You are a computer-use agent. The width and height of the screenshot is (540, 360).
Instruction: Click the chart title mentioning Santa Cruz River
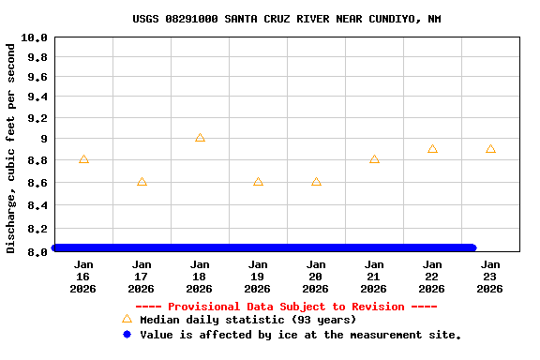[x=286, y=19]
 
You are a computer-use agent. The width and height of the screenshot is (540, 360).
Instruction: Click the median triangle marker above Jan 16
[x=83, y=159]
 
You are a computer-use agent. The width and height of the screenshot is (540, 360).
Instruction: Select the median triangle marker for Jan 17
[x=142, y=182]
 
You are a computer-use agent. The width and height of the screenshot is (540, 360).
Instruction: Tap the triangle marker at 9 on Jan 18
[x=200, y=138]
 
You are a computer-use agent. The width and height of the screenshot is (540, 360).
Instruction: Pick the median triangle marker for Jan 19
[x=258, y=182]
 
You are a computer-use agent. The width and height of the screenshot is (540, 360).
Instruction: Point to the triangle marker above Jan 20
[x=316, y=182]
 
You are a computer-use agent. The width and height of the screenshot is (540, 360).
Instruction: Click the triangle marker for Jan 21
[x=374, y=159]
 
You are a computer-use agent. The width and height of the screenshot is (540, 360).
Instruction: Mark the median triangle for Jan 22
[x=432, y=149]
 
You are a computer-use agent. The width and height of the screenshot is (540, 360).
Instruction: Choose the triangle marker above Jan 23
[x=490, y=149]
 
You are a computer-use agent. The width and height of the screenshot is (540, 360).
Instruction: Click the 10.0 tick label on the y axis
[x=35, y=37]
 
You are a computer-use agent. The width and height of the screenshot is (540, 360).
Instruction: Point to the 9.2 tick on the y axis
[x=37, y=119]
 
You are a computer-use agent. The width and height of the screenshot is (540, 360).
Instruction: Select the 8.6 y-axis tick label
[x=37, y=183]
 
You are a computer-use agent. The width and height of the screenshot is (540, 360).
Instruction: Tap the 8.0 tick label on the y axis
[x=37, y=251]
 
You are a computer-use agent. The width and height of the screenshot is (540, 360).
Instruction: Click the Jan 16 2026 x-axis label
[x=83, y=277]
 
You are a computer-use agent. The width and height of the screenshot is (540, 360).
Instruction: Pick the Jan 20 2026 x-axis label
[x=316, y=277]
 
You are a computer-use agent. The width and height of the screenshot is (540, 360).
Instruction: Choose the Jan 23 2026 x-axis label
[x=490, y=277]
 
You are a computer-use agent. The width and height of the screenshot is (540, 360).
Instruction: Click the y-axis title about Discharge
[x=11, y=147]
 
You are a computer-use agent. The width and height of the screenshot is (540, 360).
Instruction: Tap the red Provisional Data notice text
[x=286, y=307]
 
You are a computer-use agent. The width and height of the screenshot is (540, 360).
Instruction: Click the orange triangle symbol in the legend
[x=127, y=319]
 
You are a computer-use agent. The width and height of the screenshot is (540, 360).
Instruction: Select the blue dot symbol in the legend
[x=127, y=334]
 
